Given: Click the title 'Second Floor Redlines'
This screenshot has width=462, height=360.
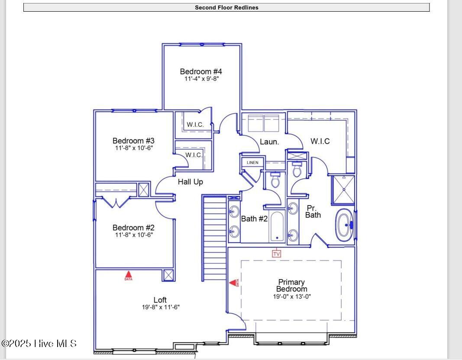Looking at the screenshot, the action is point(226,8).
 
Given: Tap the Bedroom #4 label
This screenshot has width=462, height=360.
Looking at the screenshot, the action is point(201,71).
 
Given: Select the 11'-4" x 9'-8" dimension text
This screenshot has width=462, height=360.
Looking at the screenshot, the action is point(201,79).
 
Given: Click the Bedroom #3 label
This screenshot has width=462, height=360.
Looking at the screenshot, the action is point(133,141).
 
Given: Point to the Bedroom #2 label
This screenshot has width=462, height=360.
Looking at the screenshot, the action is point(133,228).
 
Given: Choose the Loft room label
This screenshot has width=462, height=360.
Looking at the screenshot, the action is point(160,300).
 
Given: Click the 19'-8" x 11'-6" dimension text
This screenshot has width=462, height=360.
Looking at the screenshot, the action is point(161,307).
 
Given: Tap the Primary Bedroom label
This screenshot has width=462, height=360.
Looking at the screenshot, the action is point(292,286).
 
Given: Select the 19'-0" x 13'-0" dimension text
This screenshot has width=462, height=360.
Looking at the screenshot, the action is point(292,297).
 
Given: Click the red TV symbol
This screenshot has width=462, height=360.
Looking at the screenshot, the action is point(276,254).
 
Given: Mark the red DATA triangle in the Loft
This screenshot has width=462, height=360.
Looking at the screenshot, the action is point(129,276).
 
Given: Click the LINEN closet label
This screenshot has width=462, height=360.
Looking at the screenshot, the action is point(252,163).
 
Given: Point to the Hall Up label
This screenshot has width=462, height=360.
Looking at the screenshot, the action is point(191,182).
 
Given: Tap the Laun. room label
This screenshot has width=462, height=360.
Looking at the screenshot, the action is point(269,142).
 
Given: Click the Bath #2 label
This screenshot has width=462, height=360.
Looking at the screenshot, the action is point(254,219).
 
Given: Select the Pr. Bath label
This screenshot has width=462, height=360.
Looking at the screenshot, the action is point(313,212).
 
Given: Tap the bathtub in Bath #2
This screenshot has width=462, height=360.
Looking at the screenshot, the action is point(277,226).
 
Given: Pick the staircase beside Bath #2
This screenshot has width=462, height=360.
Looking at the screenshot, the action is point(214,238).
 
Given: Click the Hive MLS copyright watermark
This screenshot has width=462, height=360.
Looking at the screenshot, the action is point(39,344).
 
